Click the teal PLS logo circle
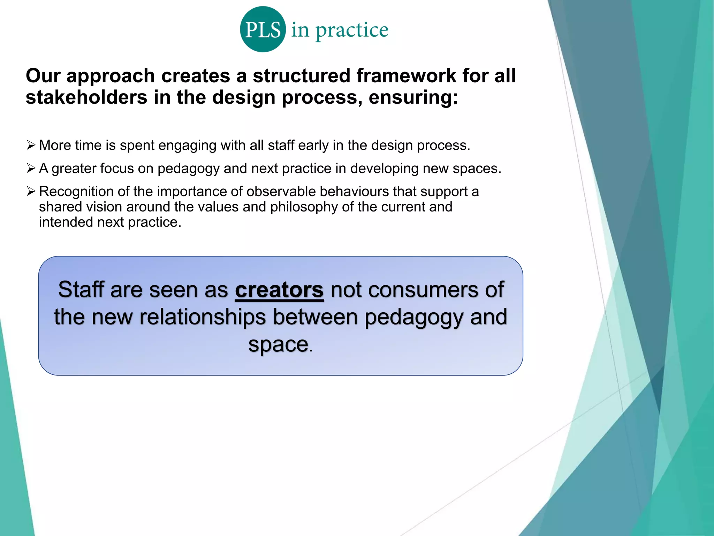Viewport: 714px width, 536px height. tap(263, 29)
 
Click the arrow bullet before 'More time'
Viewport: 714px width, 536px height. tap(31, 145)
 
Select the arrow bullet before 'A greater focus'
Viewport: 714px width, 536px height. tap(31, 168)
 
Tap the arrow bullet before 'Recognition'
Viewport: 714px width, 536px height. tap(31, 191)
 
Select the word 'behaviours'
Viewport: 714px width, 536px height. tap(354, 192)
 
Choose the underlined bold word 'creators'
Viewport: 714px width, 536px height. tap(279, 290)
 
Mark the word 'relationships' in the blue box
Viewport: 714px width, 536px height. tap(203, 317)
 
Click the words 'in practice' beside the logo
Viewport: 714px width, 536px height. tap(340, 30)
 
